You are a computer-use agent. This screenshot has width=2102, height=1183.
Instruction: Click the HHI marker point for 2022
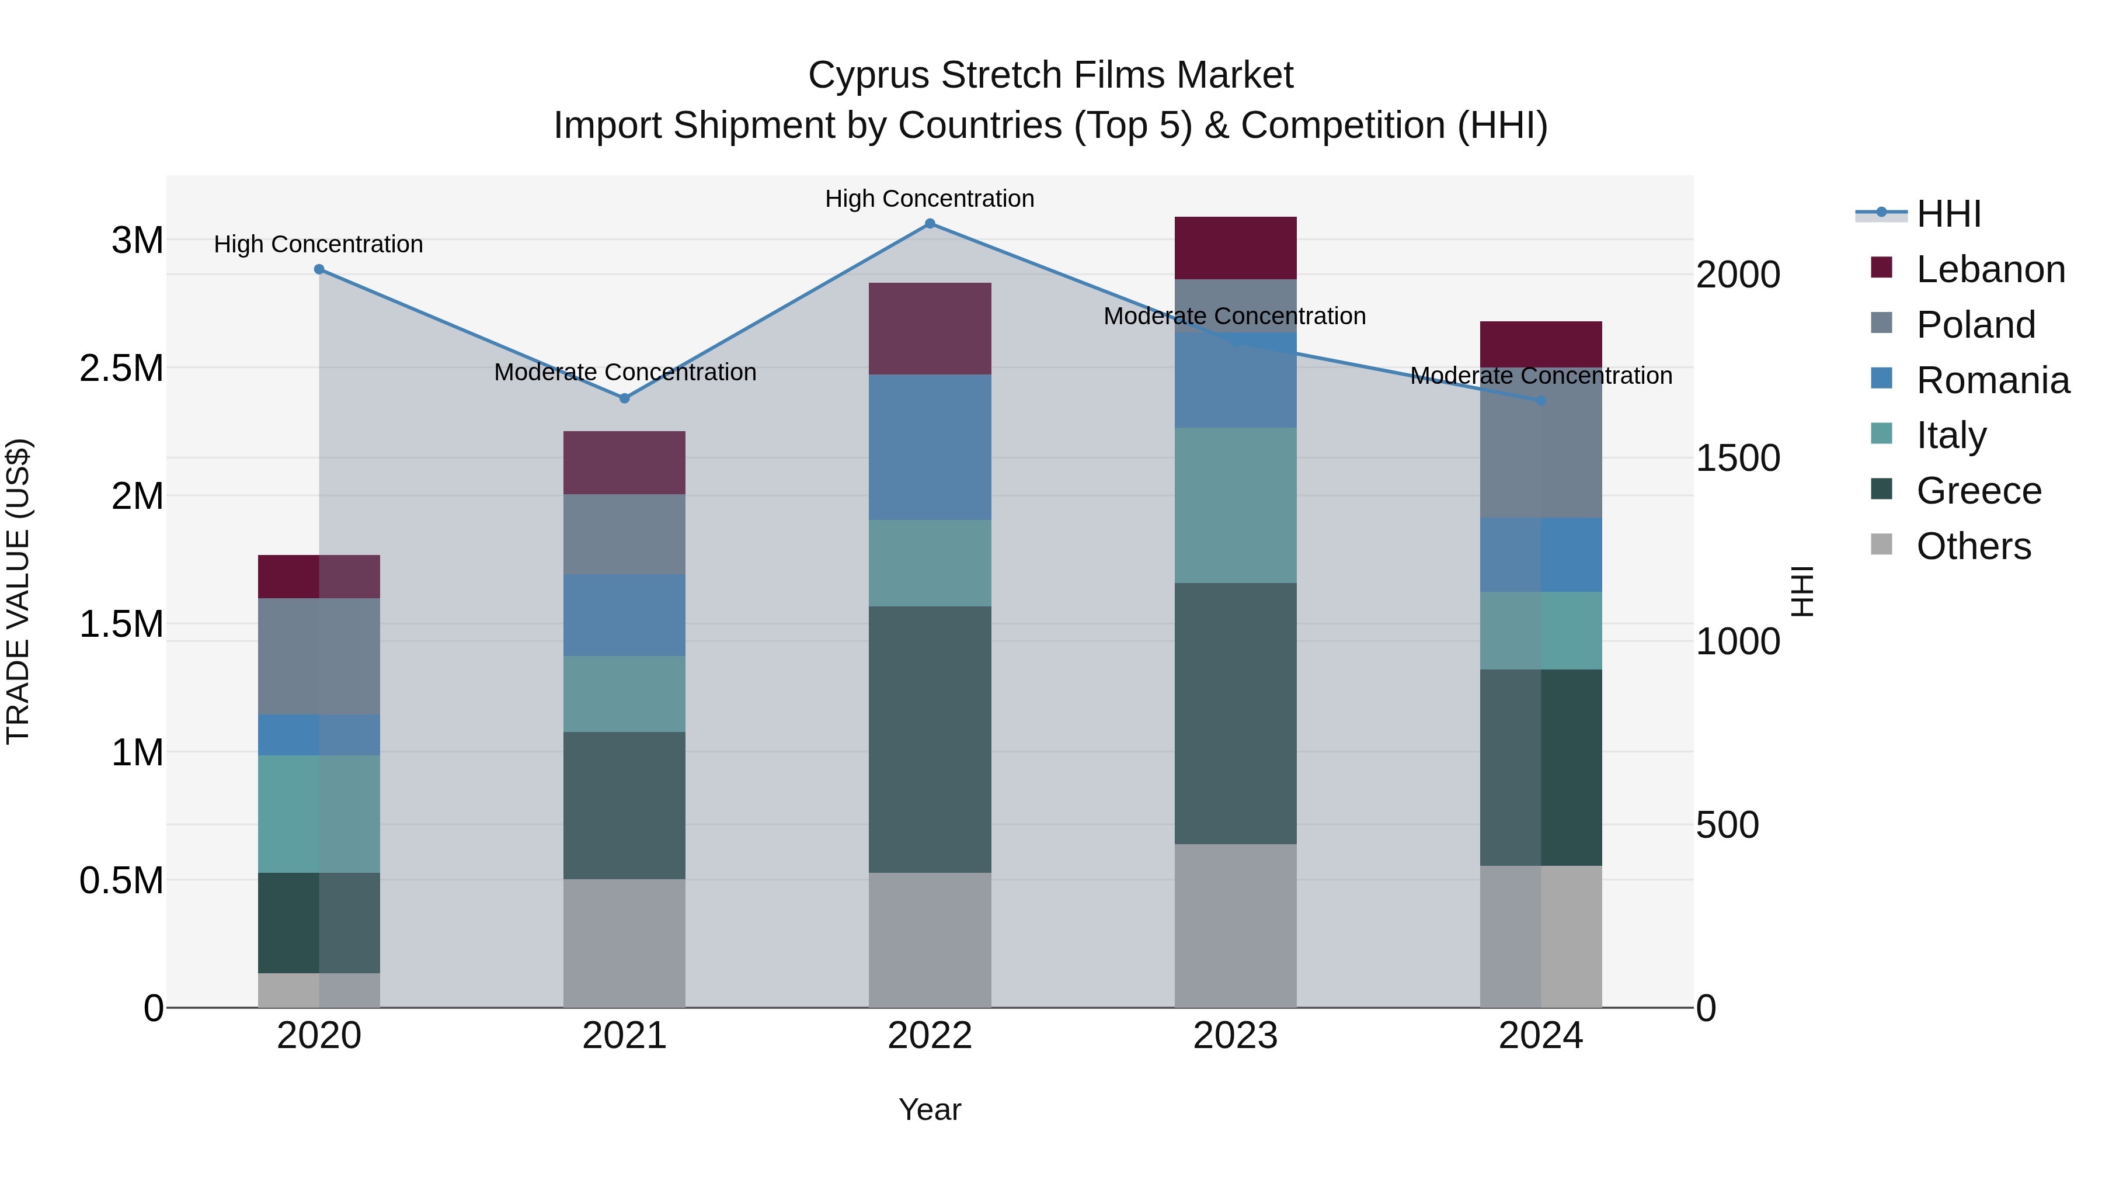930,224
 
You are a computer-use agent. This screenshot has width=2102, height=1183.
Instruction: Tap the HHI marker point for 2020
319,269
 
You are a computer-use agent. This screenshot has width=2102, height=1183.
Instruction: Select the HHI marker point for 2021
624,398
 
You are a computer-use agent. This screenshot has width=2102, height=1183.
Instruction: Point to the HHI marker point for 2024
1541,401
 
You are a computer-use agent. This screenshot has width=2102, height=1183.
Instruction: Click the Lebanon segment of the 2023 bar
1236,248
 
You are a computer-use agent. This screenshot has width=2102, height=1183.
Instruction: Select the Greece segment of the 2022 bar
930,739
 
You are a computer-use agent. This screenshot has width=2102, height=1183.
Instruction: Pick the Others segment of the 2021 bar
624,943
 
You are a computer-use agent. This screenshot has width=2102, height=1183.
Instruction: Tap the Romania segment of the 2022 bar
930,447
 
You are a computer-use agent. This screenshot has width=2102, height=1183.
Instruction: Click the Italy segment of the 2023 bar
1236,505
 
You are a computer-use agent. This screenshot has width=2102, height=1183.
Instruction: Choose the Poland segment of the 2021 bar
624,534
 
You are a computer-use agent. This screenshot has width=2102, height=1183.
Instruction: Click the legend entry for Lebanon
1990,269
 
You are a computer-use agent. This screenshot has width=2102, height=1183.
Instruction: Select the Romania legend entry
1992,380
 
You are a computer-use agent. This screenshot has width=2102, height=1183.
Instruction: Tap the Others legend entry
1973,546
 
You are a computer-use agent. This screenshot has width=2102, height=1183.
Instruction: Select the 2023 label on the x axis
1236,1036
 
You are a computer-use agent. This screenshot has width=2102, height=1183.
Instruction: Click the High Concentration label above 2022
930,199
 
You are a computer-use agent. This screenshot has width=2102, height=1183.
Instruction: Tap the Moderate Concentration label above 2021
625,372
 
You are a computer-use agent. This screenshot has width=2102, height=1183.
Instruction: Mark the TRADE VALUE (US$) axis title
18,591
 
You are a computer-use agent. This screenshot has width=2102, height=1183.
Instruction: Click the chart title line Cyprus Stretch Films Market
1050,75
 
